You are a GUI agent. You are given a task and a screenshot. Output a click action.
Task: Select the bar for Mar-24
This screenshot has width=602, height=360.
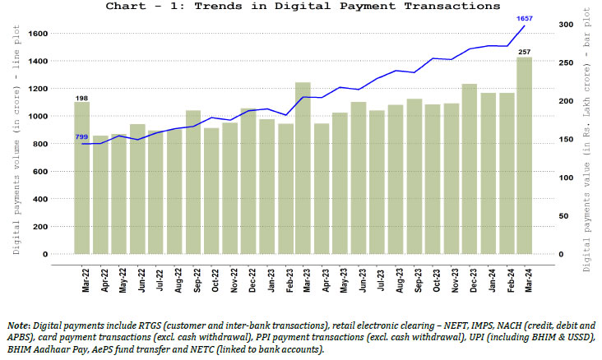[524, 156]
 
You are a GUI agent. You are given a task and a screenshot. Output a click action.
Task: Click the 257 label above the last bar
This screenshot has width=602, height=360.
[524, 51]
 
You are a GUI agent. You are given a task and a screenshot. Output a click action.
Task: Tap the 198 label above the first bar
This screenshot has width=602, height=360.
[82, 98]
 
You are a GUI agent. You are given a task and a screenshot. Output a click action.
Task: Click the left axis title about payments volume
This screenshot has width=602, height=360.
[16, 140]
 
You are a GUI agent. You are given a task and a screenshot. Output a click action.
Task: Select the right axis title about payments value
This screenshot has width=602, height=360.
[587, 140]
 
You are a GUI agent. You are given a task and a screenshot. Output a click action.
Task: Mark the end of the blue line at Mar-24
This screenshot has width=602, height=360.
[524, 26]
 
